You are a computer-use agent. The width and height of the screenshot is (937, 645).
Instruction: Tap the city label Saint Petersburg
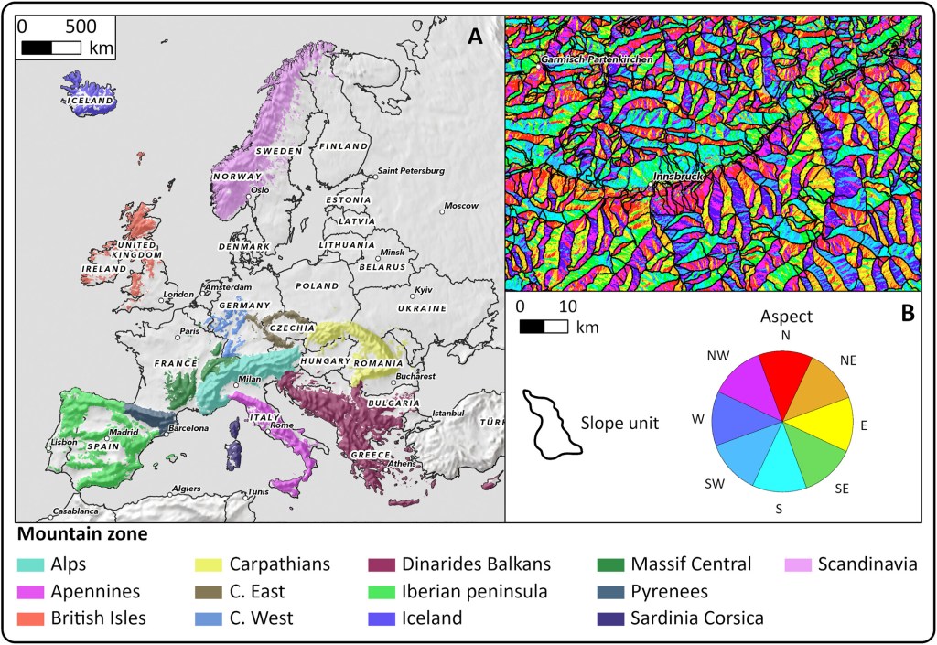coord(411,171)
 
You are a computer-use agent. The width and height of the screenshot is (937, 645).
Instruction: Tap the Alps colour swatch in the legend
coord(34,565)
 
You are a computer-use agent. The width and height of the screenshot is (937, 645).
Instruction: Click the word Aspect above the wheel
coord(784,316)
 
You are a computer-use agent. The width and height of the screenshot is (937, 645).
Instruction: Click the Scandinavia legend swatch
coord(802,565)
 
